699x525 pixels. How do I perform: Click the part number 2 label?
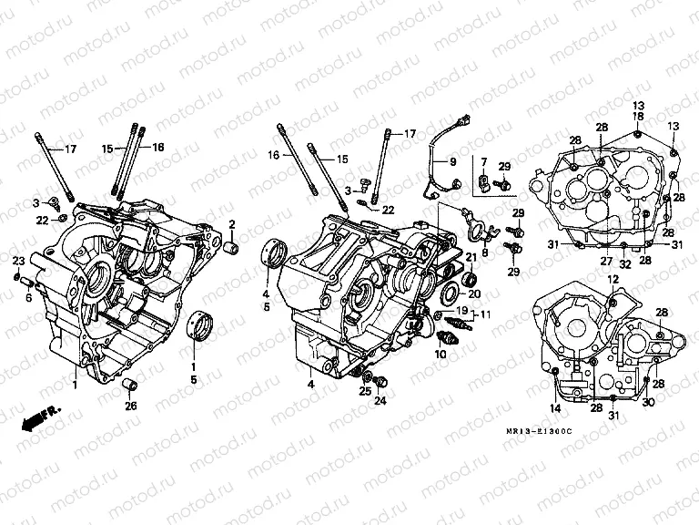coord(232,224)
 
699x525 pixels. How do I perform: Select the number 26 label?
coord(130,406)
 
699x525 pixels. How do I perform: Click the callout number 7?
coord(484,162)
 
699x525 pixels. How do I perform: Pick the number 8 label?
coord(484,252)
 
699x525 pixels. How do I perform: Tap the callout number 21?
coord(471,258)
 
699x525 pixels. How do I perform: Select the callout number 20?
coord(474,293)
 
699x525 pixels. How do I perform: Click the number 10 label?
coord(441,355)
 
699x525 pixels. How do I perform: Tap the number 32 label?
coord(624,261)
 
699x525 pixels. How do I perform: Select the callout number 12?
coord(613,278)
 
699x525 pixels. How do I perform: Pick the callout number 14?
coord(555,407)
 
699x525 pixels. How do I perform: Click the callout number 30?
coord(649,402)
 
